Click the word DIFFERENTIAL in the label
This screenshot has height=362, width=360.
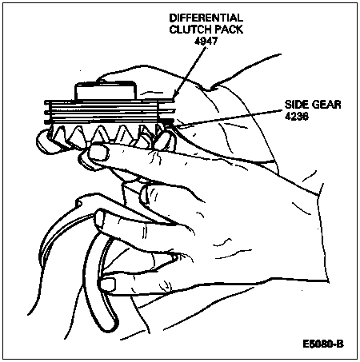[206, 18]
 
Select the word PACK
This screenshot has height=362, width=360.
[230, 30]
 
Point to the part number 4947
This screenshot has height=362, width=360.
[206, 41]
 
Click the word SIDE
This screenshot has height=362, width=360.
[295, 105]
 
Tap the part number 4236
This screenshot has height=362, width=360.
[297, 116]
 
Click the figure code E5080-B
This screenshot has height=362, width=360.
[323, 344]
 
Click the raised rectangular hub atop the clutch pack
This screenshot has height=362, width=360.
[106, 91]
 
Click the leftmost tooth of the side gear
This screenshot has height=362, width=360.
[59, 133]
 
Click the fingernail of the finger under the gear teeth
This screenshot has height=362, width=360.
[98, 153]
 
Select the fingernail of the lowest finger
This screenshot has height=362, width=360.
[108, 284]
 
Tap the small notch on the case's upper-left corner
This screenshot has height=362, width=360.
[78, 203]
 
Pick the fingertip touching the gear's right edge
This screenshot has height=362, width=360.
[163, 141]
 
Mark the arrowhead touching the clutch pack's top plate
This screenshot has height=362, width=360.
[174, 97]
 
